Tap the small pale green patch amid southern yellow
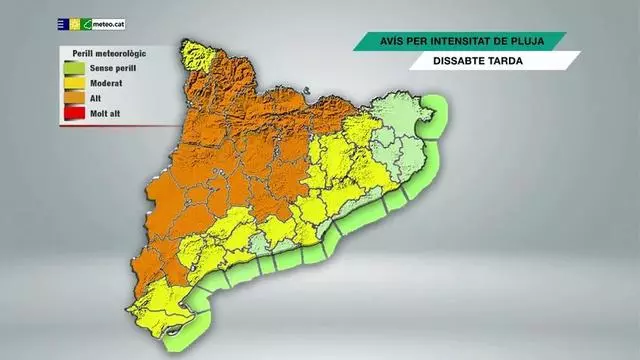click(262, 245)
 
